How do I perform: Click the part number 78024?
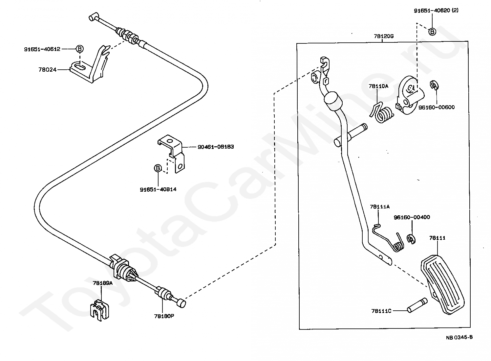pyautogui.click(x=47, y=70)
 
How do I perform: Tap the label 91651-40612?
pyautogui.click(x=42, y=49)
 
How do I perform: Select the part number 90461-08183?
pyautogui.click(x=216, y=147)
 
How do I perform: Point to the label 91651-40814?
pyautogui.click(x=158, y=189)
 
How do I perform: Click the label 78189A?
pyautogui.click(x=103, y=283)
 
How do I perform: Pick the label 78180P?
pyautogui.click(x=164, y=316)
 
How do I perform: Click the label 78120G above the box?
pyautogui.click(x=384, y=36)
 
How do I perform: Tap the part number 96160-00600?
pyautogui.click(x=437, y=107)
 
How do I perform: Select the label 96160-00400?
pyautogui.click(x=412, y=217)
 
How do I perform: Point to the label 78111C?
pyautogui.click(x=381, y=311)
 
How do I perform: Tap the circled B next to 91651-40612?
pyautogui.click(x=79, y=49)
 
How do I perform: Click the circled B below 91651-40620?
pyautogui.click(x=432, y=32)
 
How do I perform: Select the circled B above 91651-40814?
pyautogui.click(x=158, y=168)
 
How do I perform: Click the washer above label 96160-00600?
pyautogui.click(x=434, y=85)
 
